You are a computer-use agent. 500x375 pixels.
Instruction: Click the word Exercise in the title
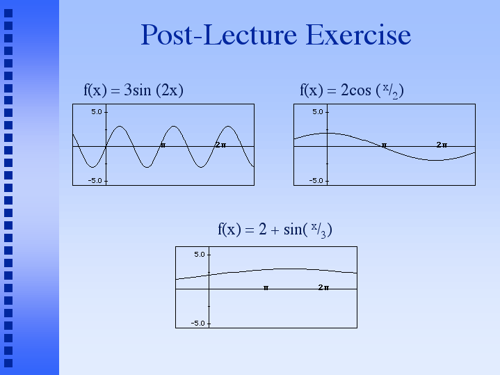pyautogui.click(x=358, y=35)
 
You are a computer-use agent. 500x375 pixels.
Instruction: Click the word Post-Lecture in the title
pyautogui.click(x=219, y=35)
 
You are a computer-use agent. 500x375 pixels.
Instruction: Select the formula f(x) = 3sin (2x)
pyautogui.click(x=134, y=90)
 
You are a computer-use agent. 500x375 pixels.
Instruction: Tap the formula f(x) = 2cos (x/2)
pyautogui.click(x=352, y=90)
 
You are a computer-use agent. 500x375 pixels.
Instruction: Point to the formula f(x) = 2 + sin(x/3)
pyautogui.click(x=275, y=230)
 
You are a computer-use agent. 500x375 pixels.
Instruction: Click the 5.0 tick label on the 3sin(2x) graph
pyautogui.click(x=97, y=112)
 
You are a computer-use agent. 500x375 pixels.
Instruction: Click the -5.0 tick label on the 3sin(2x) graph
pyautogui.click(x=95, y=181)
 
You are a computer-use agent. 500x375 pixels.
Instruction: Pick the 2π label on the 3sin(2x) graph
pyautogui.click(x=220, y=145)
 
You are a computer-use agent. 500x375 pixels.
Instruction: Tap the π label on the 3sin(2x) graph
pyautogui.click(x=163, y=145)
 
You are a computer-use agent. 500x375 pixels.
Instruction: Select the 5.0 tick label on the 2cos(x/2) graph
pyautogui.click(x=318, y=112)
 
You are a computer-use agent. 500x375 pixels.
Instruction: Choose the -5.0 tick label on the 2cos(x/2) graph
pyautogui.click(x=316, y=181)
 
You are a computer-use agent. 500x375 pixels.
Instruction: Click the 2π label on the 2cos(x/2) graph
pyautogui.click(x=442, y=145)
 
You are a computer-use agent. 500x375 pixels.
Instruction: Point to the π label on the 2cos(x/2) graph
pyautogui.click(x=385, y=145)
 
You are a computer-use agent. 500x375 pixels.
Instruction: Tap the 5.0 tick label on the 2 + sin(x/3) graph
pyautogui.click(x=200, y=255)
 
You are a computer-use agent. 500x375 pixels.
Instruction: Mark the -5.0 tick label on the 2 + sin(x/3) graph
pyautogui.click(x=198, y=324)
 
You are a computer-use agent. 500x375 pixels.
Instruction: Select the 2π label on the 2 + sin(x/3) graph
pyautogui.click(x=323, y=287)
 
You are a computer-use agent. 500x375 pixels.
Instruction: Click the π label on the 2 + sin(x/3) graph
pyautogui.click(x=266, y=288)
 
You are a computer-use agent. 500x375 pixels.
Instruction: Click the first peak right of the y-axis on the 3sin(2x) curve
pyautogui.click(x=120, y=126)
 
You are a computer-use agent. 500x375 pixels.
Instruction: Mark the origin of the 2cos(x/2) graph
pyautogui.click(x=327, y=147)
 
